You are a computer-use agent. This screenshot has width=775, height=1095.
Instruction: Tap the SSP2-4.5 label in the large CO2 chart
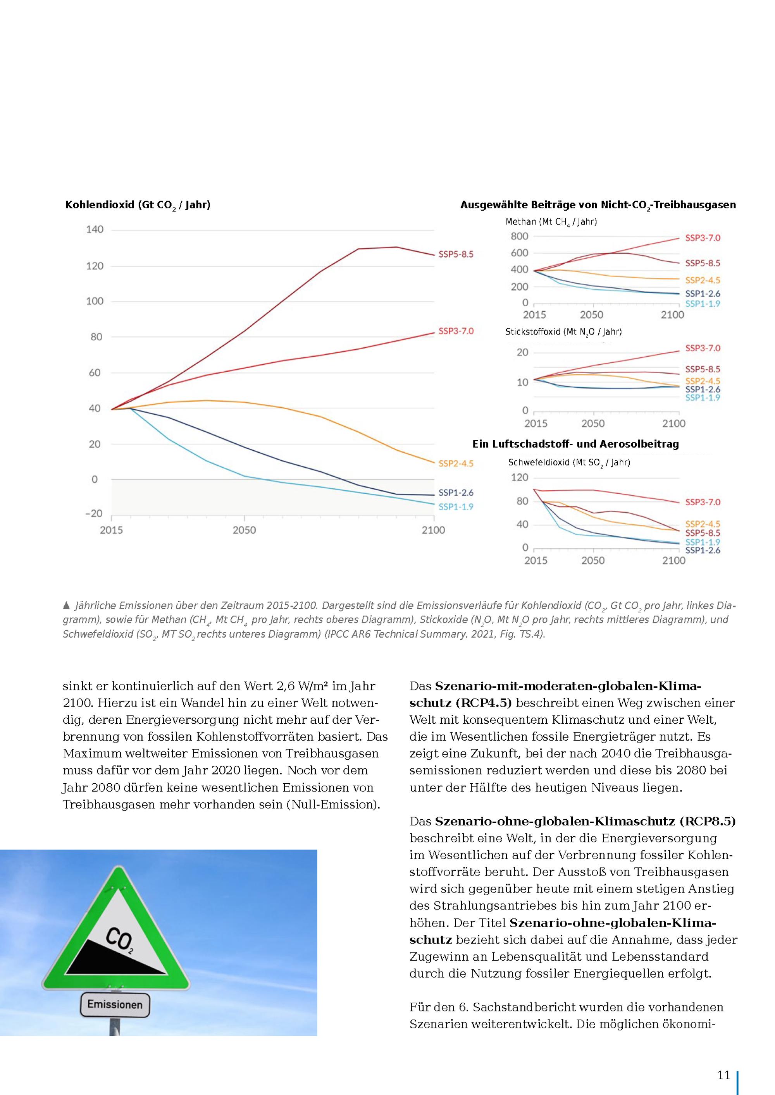(x=456, y=463)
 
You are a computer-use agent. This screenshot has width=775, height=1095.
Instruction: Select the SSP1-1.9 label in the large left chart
(x=456, y=507)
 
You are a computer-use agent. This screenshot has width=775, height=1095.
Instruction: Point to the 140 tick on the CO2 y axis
(x=95, y=229)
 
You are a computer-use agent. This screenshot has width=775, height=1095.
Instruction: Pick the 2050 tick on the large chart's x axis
(x=245, y=530)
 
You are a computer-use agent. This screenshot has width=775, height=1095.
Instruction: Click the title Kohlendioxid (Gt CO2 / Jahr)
(x=138, y=205)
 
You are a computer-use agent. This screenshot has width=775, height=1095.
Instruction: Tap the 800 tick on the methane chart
(x=519, y=236)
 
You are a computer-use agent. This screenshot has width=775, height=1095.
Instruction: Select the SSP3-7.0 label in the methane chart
(x=703, y=237)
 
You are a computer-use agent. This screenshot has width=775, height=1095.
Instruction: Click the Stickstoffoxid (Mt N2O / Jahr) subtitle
(x=563, y=332)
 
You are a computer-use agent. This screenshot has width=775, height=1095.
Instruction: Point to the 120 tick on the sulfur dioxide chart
(x=519, y=477)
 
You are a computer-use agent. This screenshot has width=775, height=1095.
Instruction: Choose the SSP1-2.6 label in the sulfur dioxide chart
(x=703, y=550)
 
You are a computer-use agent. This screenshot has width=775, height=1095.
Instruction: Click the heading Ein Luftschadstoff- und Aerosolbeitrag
(x=575, y=444)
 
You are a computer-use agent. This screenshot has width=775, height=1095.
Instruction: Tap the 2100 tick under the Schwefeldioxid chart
(x=673, y=560)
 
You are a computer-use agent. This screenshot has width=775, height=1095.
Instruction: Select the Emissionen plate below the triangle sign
(x=115, y=1005)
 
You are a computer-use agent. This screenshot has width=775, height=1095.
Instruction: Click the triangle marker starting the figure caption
(x=66, y=606)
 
